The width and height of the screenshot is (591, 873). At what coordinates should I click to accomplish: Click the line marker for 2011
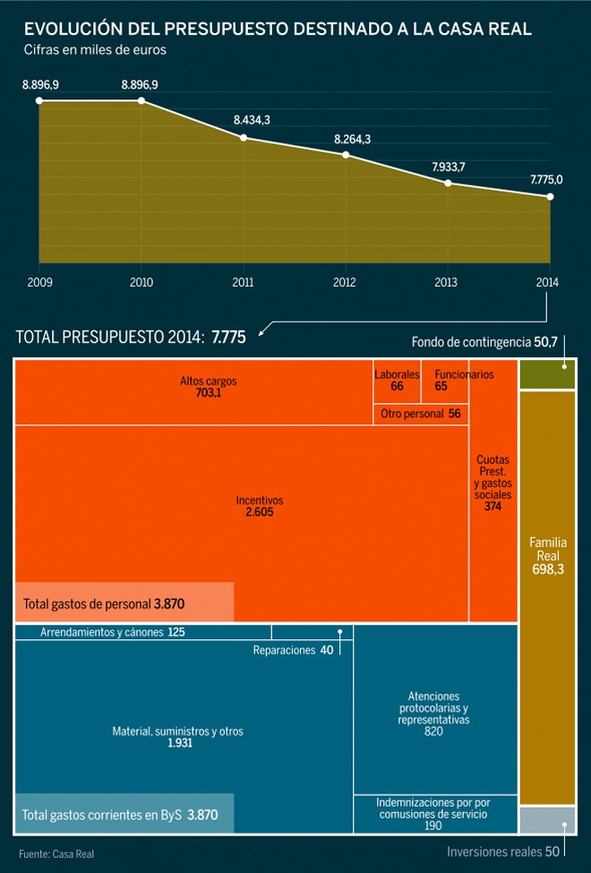click(244, 137)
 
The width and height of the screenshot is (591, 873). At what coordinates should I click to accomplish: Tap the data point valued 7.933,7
click(448, 183)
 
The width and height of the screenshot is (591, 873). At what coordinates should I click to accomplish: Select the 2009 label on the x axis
click(39, 282)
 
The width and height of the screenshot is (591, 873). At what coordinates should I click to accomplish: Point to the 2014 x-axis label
click(548, 282)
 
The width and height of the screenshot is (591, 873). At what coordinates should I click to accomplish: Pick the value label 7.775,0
click(546, 179)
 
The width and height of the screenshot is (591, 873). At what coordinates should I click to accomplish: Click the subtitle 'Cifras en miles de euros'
click(95, 50)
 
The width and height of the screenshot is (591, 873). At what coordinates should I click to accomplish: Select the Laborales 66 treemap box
click(397, 381)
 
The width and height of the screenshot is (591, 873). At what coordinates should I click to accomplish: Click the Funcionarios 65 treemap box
click(445, 381)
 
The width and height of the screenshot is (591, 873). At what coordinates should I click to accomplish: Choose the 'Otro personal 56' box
click(421, 414)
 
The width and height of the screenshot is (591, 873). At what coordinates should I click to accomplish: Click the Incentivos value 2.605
click(259, 513)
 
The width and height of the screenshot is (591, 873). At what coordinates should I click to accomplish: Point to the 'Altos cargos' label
click(208, 381)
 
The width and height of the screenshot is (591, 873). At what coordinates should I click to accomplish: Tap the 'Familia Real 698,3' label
click(547, 556)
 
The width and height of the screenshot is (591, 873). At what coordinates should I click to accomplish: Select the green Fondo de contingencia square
click(547, 374)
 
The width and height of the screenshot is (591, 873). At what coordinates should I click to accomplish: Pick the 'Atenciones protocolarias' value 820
click(433, 732)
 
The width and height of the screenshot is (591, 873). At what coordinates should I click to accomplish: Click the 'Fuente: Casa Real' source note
click(56, 854)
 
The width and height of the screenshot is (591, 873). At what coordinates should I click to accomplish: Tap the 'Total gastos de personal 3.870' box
click(124, 603)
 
